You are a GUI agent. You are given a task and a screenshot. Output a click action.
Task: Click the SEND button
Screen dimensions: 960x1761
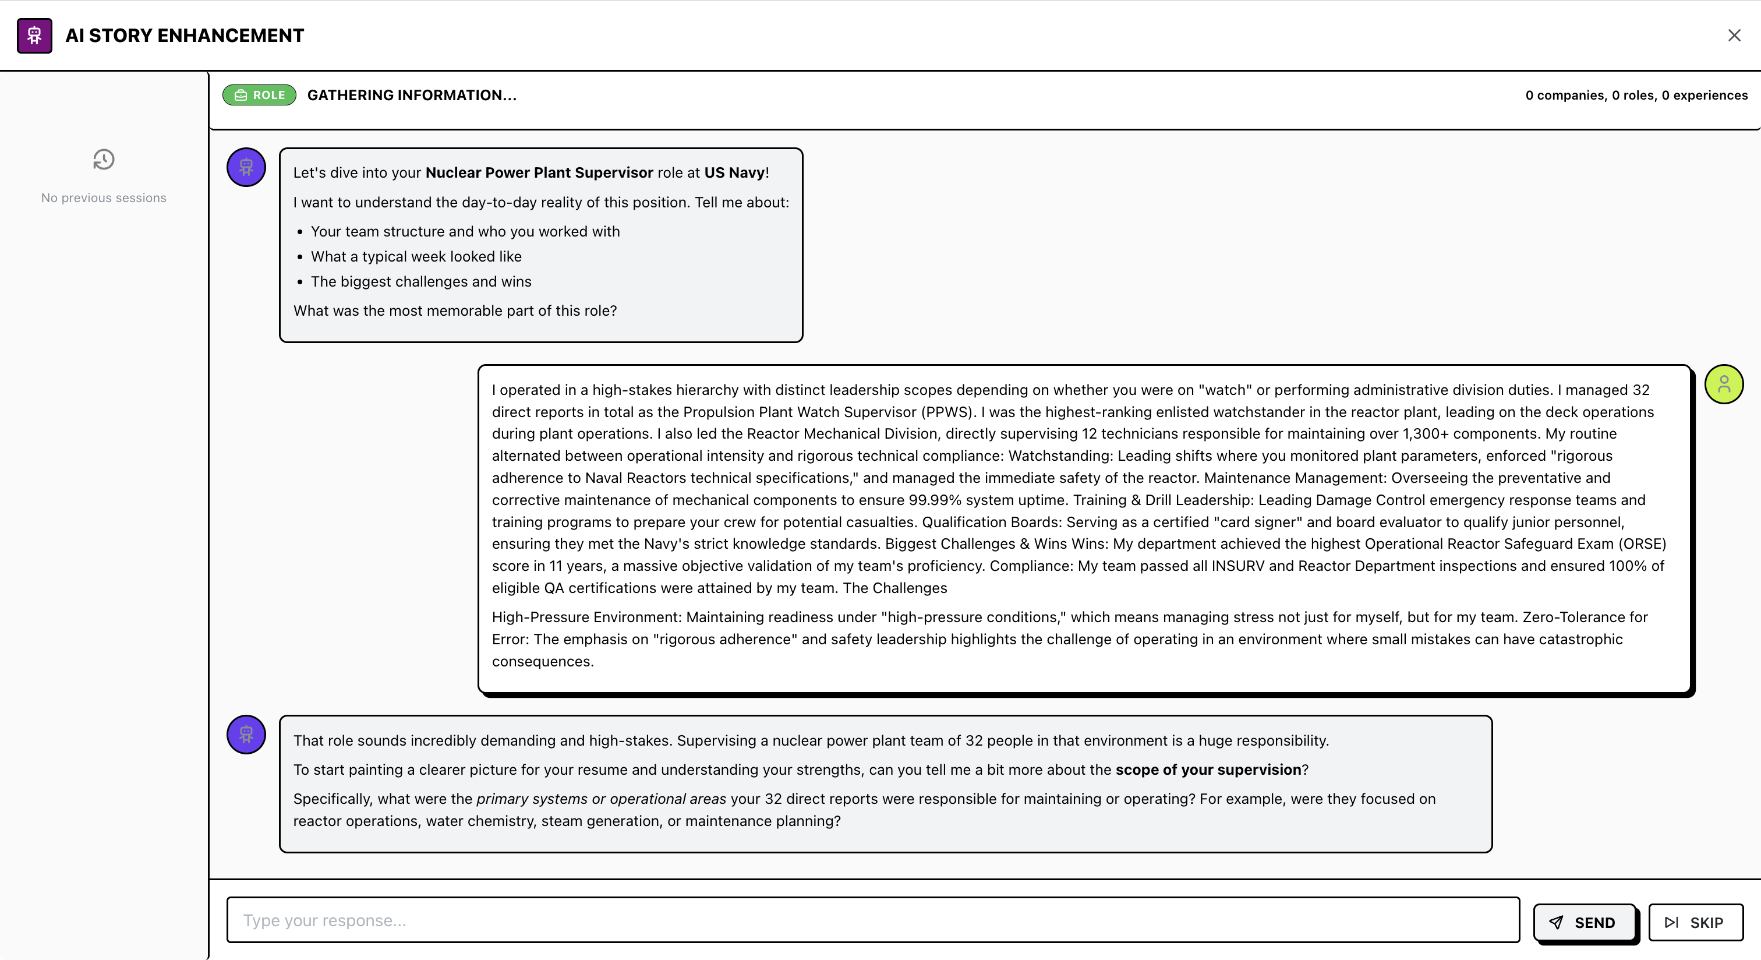point(1584,922)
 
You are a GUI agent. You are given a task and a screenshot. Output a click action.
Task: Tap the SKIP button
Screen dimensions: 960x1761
point(1695,922)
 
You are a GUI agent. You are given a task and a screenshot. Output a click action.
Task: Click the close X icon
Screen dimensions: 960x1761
point(1734,36)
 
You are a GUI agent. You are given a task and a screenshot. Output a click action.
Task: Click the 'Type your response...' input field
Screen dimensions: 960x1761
point(872,920)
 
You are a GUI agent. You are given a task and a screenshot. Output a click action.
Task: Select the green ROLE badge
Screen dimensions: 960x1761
point(259,95)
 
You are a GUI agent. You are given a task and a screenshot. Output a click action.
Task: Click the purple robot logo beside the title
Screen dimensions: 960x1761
point(35,36)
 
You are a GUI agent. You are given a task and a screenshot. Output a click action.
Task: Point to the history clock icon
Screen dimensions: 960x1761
point(104,159)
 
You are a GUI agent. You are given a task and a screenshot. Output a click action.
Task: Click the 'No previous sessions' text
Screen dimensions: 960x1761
point(104,197)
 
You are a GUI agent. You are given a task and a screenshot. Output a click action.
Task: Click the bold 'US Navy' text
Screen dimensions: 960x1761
point(734,172)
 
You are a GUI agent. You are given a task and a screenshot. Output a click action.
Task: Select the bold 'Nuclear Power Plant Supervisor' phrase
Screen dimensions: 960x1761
point(539,172)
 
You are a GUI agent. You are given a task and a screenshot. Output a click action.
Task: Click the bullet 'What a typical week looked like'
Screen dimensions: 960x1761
point(416,256)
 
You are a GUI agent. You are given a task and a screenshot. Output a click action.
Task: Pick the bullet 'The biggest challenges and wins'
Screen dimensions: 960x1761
point(420,282)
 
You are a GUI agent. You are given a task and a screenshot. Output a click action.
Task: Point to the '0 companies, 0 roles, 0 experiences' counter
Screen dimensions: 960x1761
point(1636,95)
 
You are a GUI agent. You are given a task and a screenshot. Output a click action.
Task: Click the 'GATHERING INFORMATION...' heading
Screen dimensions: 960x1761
point(412,95)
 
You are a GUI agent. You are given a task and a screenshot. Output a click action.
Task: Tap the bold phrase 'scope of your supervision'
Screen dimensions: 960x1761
point(1208,770)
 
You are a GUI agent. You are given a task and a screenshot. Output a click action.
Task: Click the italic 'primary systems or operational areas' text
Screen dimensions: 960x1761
point(601,799)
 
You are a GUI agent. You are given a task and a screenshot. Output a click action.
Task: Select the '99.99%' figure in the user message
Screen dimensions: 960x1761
point(935,500)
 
